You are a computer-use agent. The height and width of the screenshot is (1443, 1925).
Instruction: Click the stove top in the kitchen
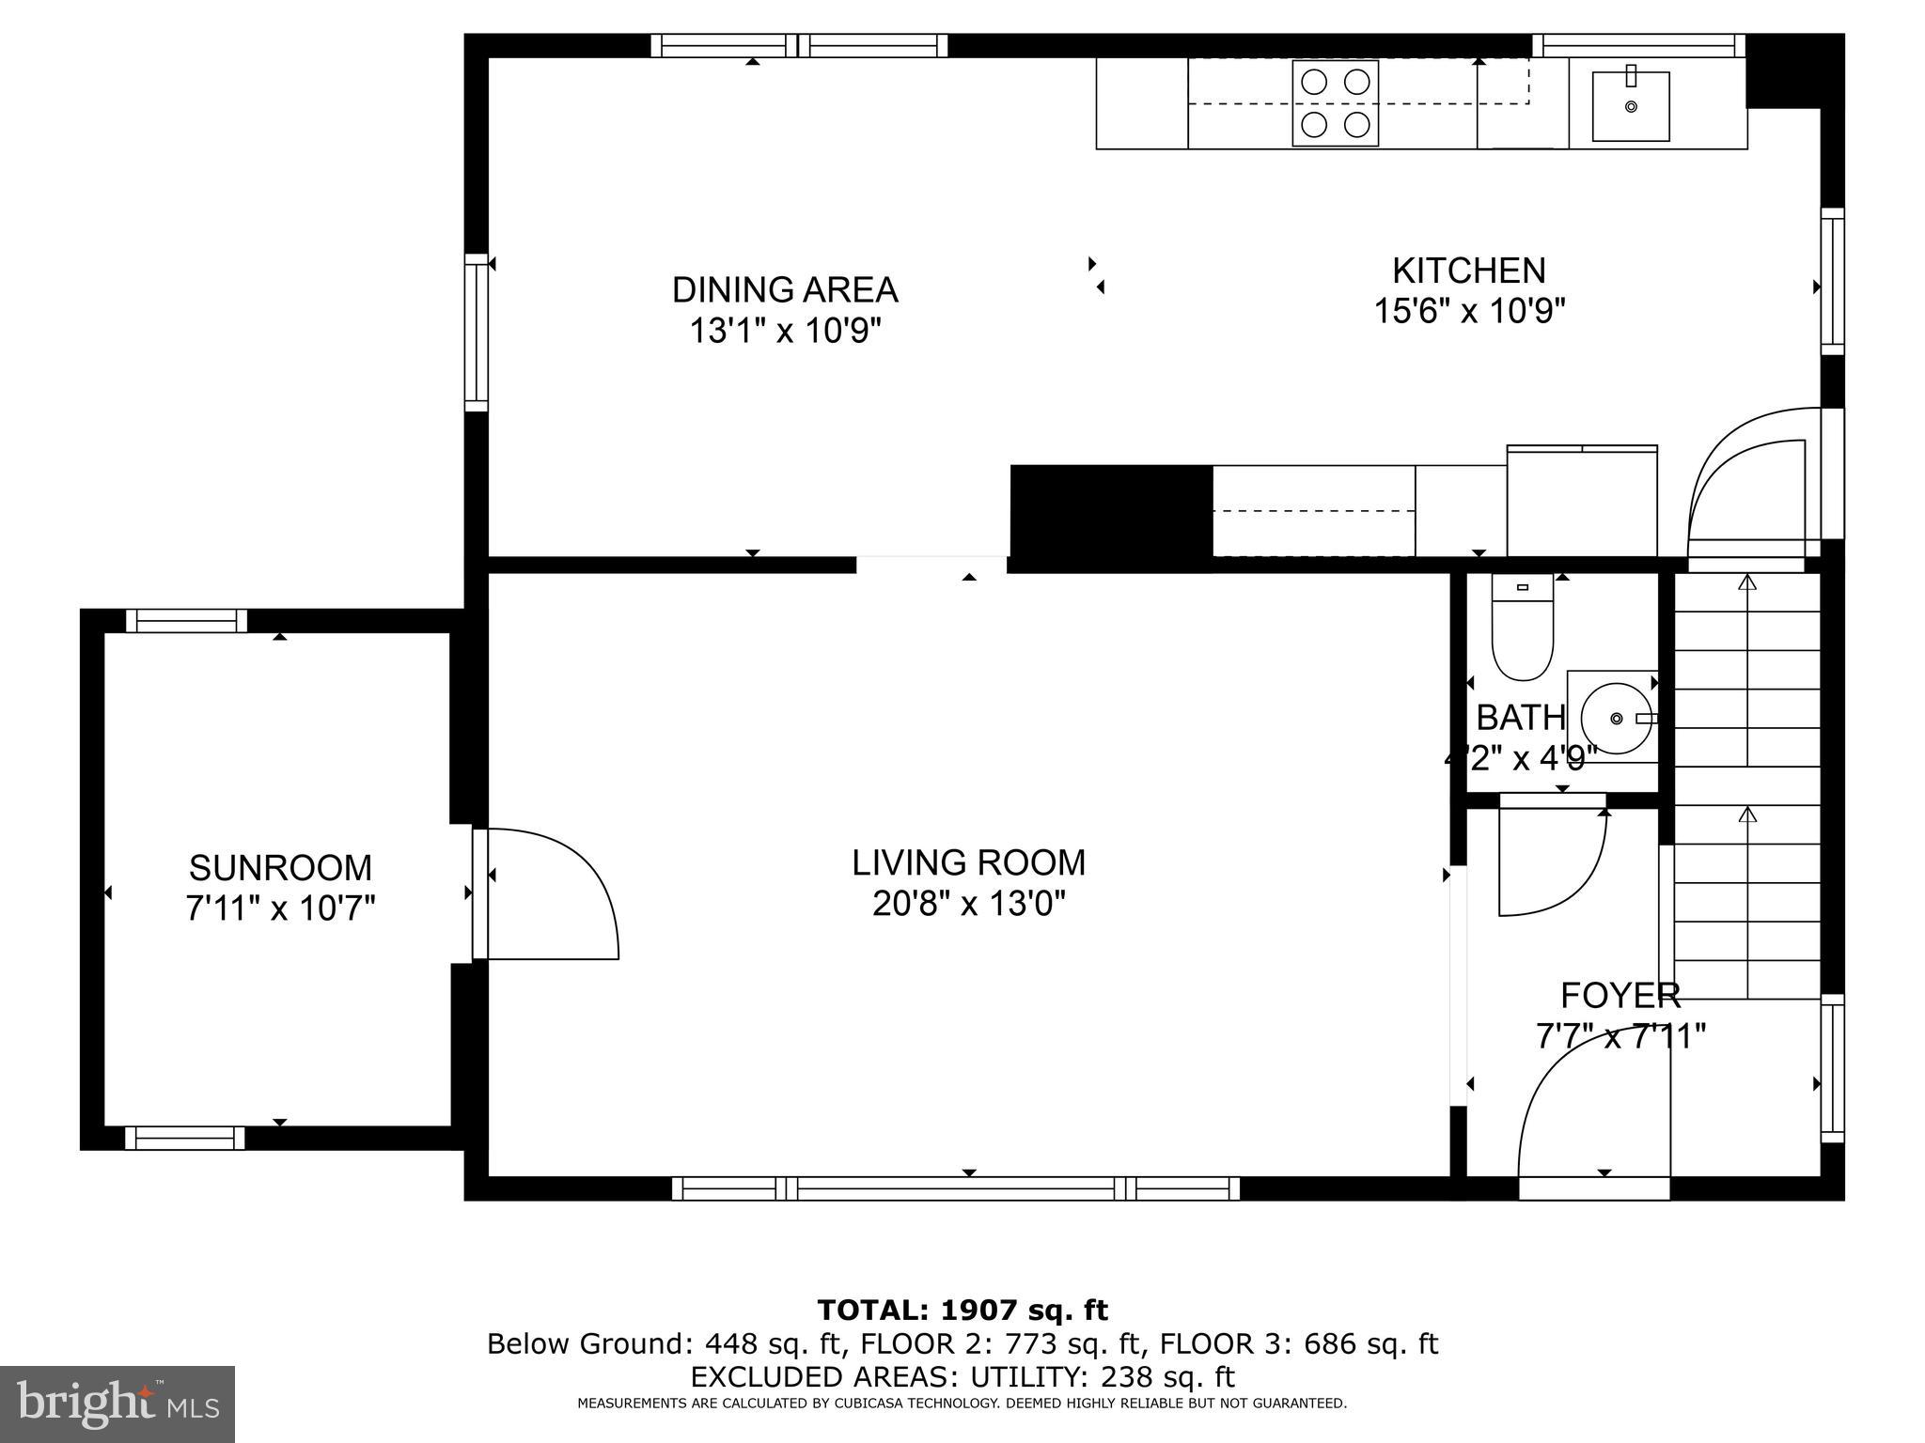(x=1335, y=102)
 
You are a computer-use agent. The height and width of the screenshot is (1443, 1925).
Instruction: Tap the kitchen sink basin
(x=1631, y=106)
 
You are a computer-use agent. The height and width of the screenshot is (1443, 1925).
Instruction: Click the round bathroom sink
(x=1616, y=719)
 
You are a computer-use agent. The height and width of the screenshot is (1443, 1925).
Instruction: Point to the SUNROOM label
(x=280, y=867)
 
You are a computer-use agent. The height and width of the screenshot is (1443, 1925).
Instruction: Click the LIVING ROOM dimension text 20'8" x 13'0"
(x=968, y=904)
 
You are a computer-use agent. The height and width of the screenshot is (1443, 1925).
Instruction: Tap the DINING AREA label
(x=785, y=289)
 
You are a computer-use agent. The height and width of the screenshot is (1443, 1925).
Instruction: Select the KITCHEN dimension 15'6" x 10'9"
(x=1469, y=310)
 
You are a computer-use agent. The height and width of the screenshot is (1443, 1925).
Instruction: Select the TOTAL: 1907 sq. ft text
(x=962, y=1310)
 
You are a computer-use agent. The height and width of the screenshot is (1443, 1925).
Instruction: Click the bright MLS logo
(x=117, y=1404)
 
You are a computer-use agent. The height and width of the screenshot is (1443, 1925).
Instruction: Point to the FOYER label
(x=1620, y=995)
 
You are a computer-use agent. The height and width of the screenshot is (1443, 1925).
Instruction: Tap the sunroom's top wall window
(x=186, y=620)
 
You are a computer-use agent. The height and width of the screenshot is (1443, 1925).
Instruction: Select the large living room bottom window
(x=956, y=1188)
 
